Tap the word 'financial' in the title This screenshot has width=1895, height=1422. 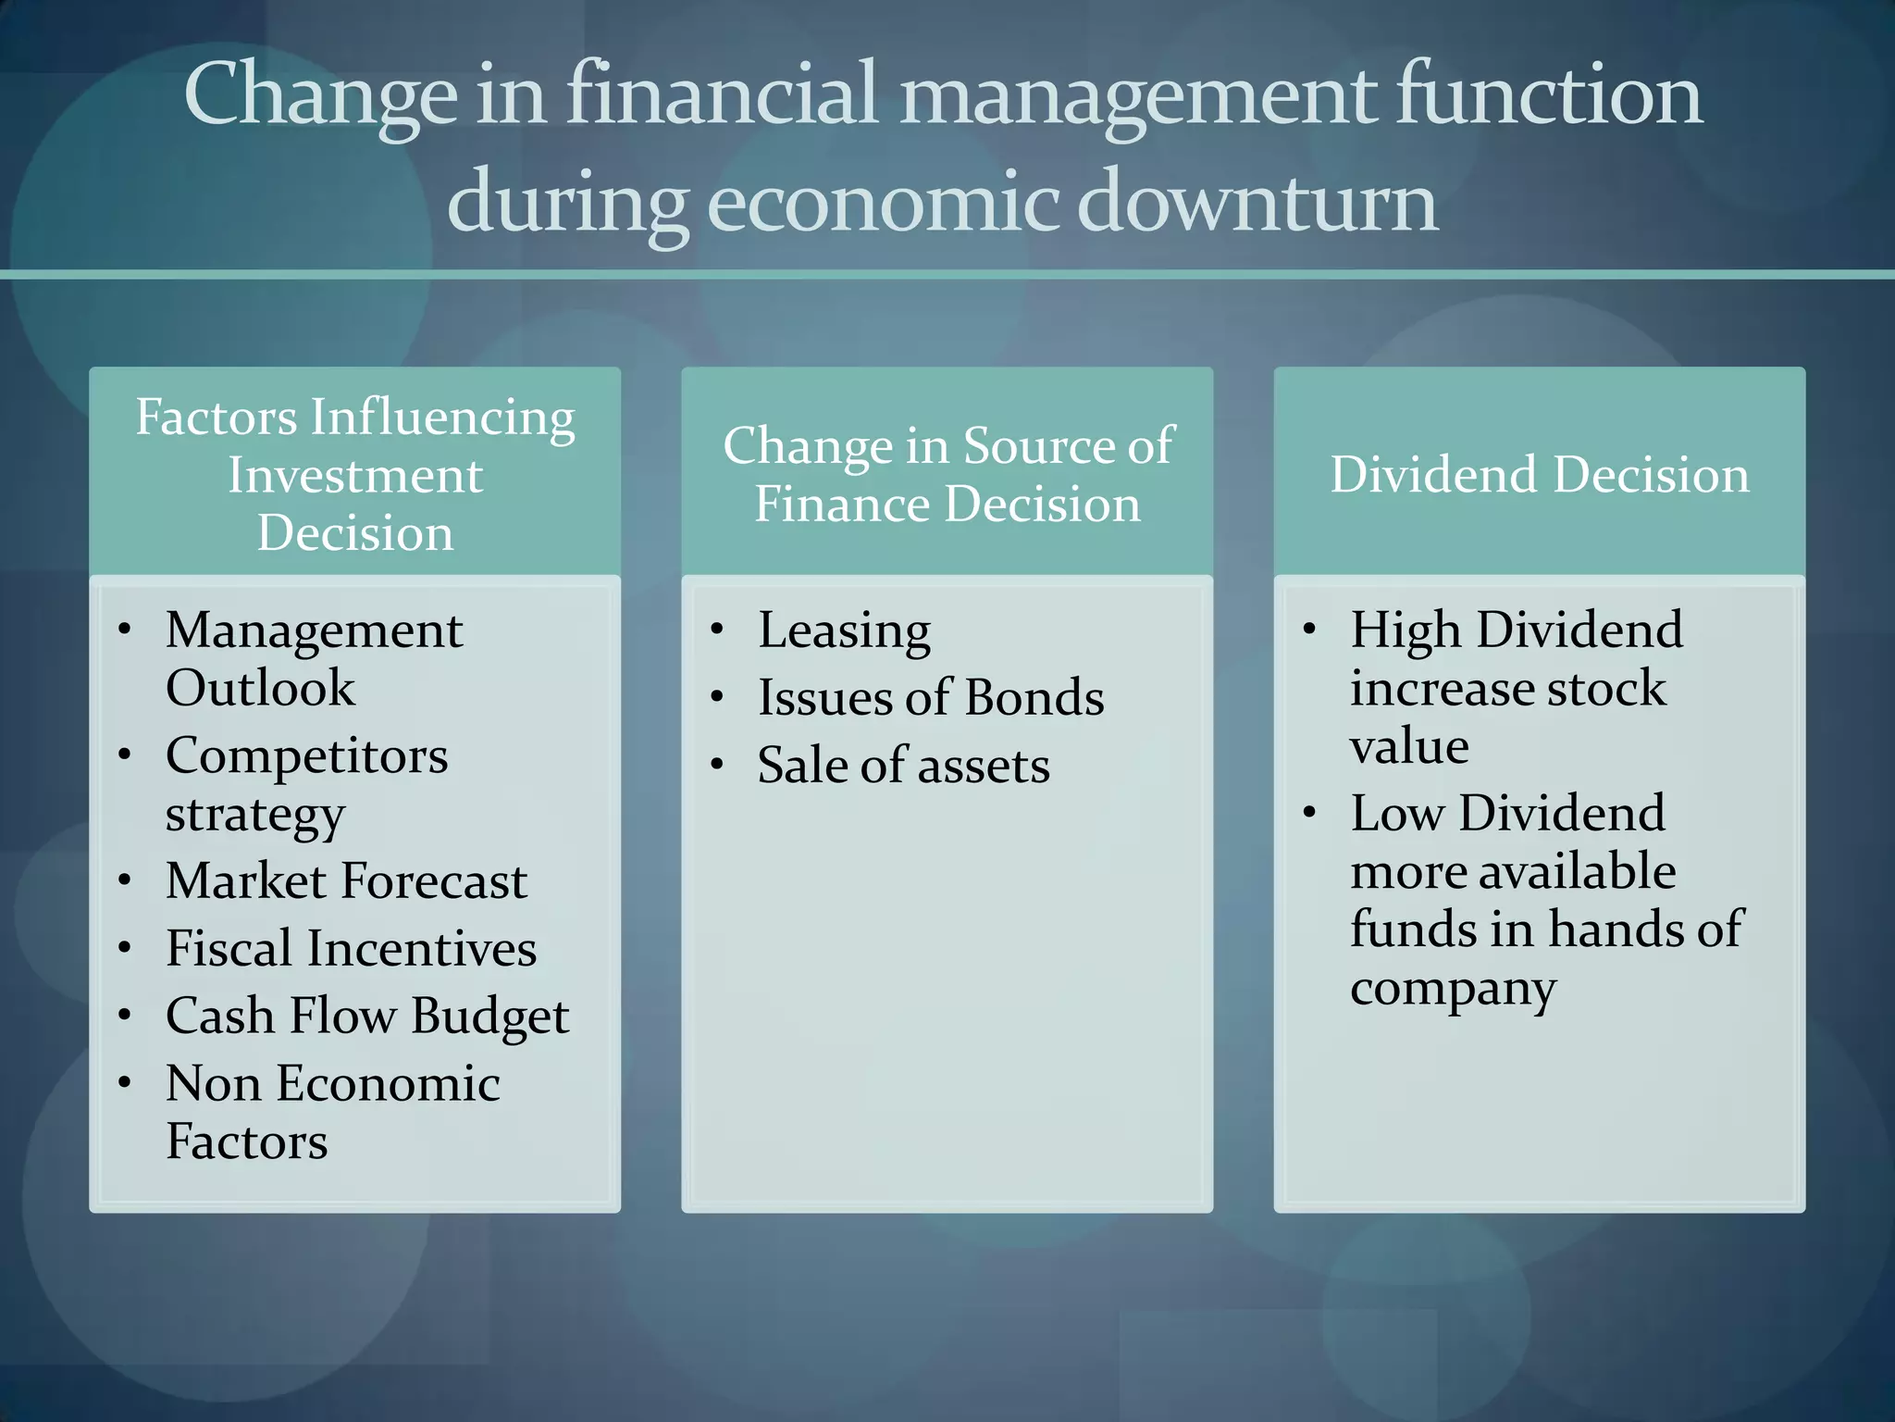pos(721,95)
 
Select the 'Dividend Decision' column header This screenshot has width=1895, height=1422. pos(1539,474)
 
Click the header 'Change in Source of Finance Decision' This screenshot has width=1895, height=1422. pos(947,474)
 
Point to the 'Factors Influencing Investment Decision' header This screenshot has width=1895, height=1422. pos(355,474)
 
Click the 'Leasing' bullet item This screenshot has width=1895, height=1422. pos(844,631)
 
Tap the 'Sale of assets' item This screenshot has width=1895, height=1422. pos(903,766)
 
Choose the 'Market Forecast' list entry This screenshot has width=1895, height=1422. pos(346,880)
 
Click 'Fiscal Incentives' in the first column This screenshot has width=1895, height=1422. pos(351,948)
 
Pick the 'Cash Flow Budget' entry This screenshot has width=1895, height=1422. pos(366,1017)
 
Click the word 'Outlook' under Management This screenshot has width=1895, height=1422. pos(260,688)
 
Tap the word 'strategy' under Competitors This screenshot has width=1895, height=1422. pos(255,816)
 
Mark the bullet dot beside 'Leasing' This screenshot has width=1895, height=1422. pos(716,630)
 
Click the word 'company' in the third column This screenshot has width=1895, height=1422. pos(1453,990)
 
